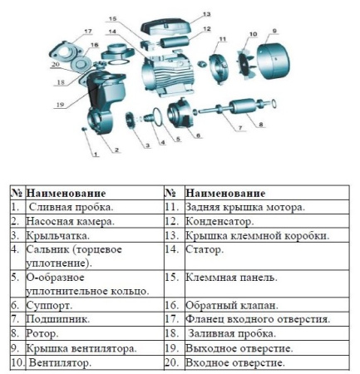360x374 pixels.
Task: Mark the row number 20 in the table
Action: [x=172, y=363]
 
